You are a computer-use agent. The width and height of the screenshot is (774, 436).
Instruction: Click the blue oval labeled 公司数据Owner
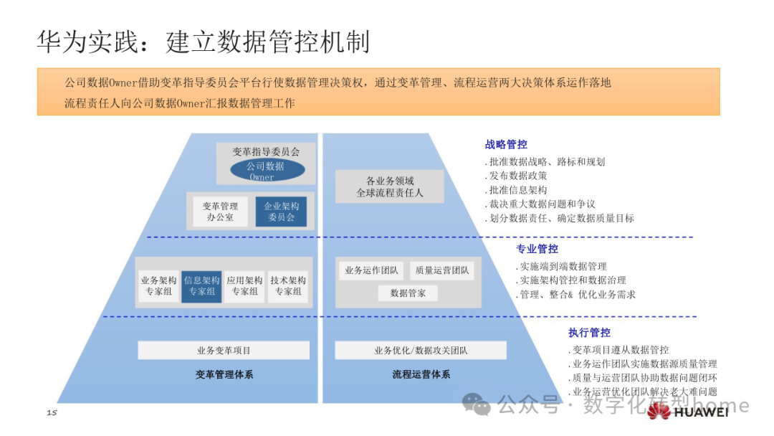tap(267, 170)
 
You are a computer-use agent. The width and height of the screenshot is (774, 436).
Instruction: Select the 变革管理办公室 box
tap(220, 211)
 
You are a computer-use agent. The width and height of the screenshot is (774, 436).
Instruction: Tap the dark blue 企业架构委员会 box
tap(281, 211)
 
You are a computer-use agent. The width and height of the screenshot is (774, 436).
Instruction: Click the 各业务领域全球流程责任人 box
tap(389, 186)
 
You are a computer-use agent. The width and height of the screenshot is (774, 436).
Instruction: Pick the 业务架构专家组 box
tap(158, 285)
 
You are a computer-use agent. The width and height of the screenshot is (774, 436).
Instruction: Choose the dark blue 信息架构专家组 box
tap(201, 285)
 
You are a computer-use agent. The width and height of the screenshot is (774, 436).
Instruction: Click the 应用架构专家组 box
tap(244, 285)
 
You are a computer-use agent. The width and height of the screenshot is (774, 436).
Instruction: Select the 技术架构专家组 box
tap(288, 285)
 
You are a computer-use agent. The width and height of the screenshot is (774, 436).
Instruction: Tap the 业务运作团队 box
tap(371, 270)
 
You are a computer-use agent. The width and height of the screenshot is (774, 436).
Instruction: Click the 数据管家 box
tap(408, 293)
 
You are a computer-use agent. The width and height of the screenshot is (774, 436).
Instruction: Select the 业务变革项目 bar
tap(224, 351)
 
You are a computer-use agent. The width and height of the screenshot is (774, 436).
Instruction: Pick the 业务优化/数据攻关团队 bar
tap(421, 351)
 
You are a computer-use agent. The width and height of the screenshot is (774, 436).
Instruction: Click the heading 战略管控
tap(506, 144)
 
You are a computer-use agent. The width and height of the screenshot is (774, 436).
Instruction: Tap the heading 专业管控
tap(537, 249)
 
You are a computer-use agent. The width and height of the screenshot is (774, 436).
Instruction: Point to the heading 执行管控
tap(589, 333)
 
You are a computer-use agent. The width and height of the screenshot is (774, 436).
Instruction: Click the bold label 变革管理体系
tap(224, 374)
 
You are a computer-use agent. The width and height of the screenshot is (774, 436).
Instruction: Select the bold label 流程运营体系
tap(421, 374)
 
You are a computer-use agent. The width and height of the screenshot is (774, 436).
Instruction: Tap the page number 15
tap(51, 412)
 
